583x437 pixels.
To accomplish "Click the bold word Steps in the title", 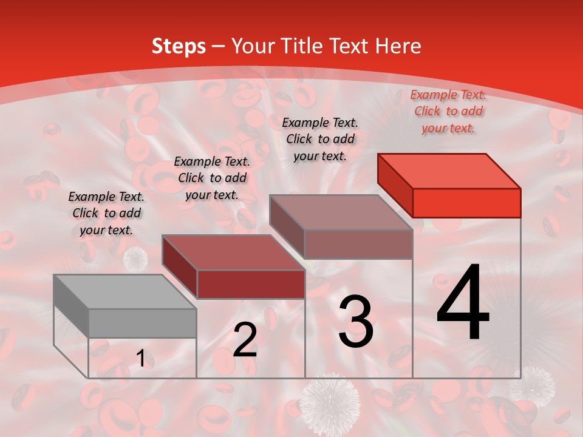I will point(179,46).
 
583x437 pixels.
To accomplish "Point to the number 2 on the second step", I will point(245,340).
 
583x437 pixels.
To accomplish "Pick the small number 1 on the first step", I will point(141,359).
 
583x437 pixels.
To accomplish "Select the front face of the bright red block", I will point(466,203).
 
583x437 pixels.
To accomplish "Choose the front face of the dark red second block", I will point(251,284).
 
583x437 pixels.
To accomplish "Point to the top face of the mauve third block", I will point(341,212).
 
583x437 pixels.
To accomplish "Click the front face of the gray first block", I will point(142,323).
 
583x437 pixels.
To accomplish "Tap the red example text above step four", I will point(448,111).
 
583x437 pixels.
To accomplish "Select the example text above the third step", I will point(320,139).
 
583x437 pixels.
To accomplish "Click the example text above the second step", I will point(212,178).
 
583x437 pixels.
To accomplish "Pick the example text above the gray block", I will point(106,213).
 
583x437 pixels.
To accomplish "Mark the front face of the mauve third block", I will point(358,244).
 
